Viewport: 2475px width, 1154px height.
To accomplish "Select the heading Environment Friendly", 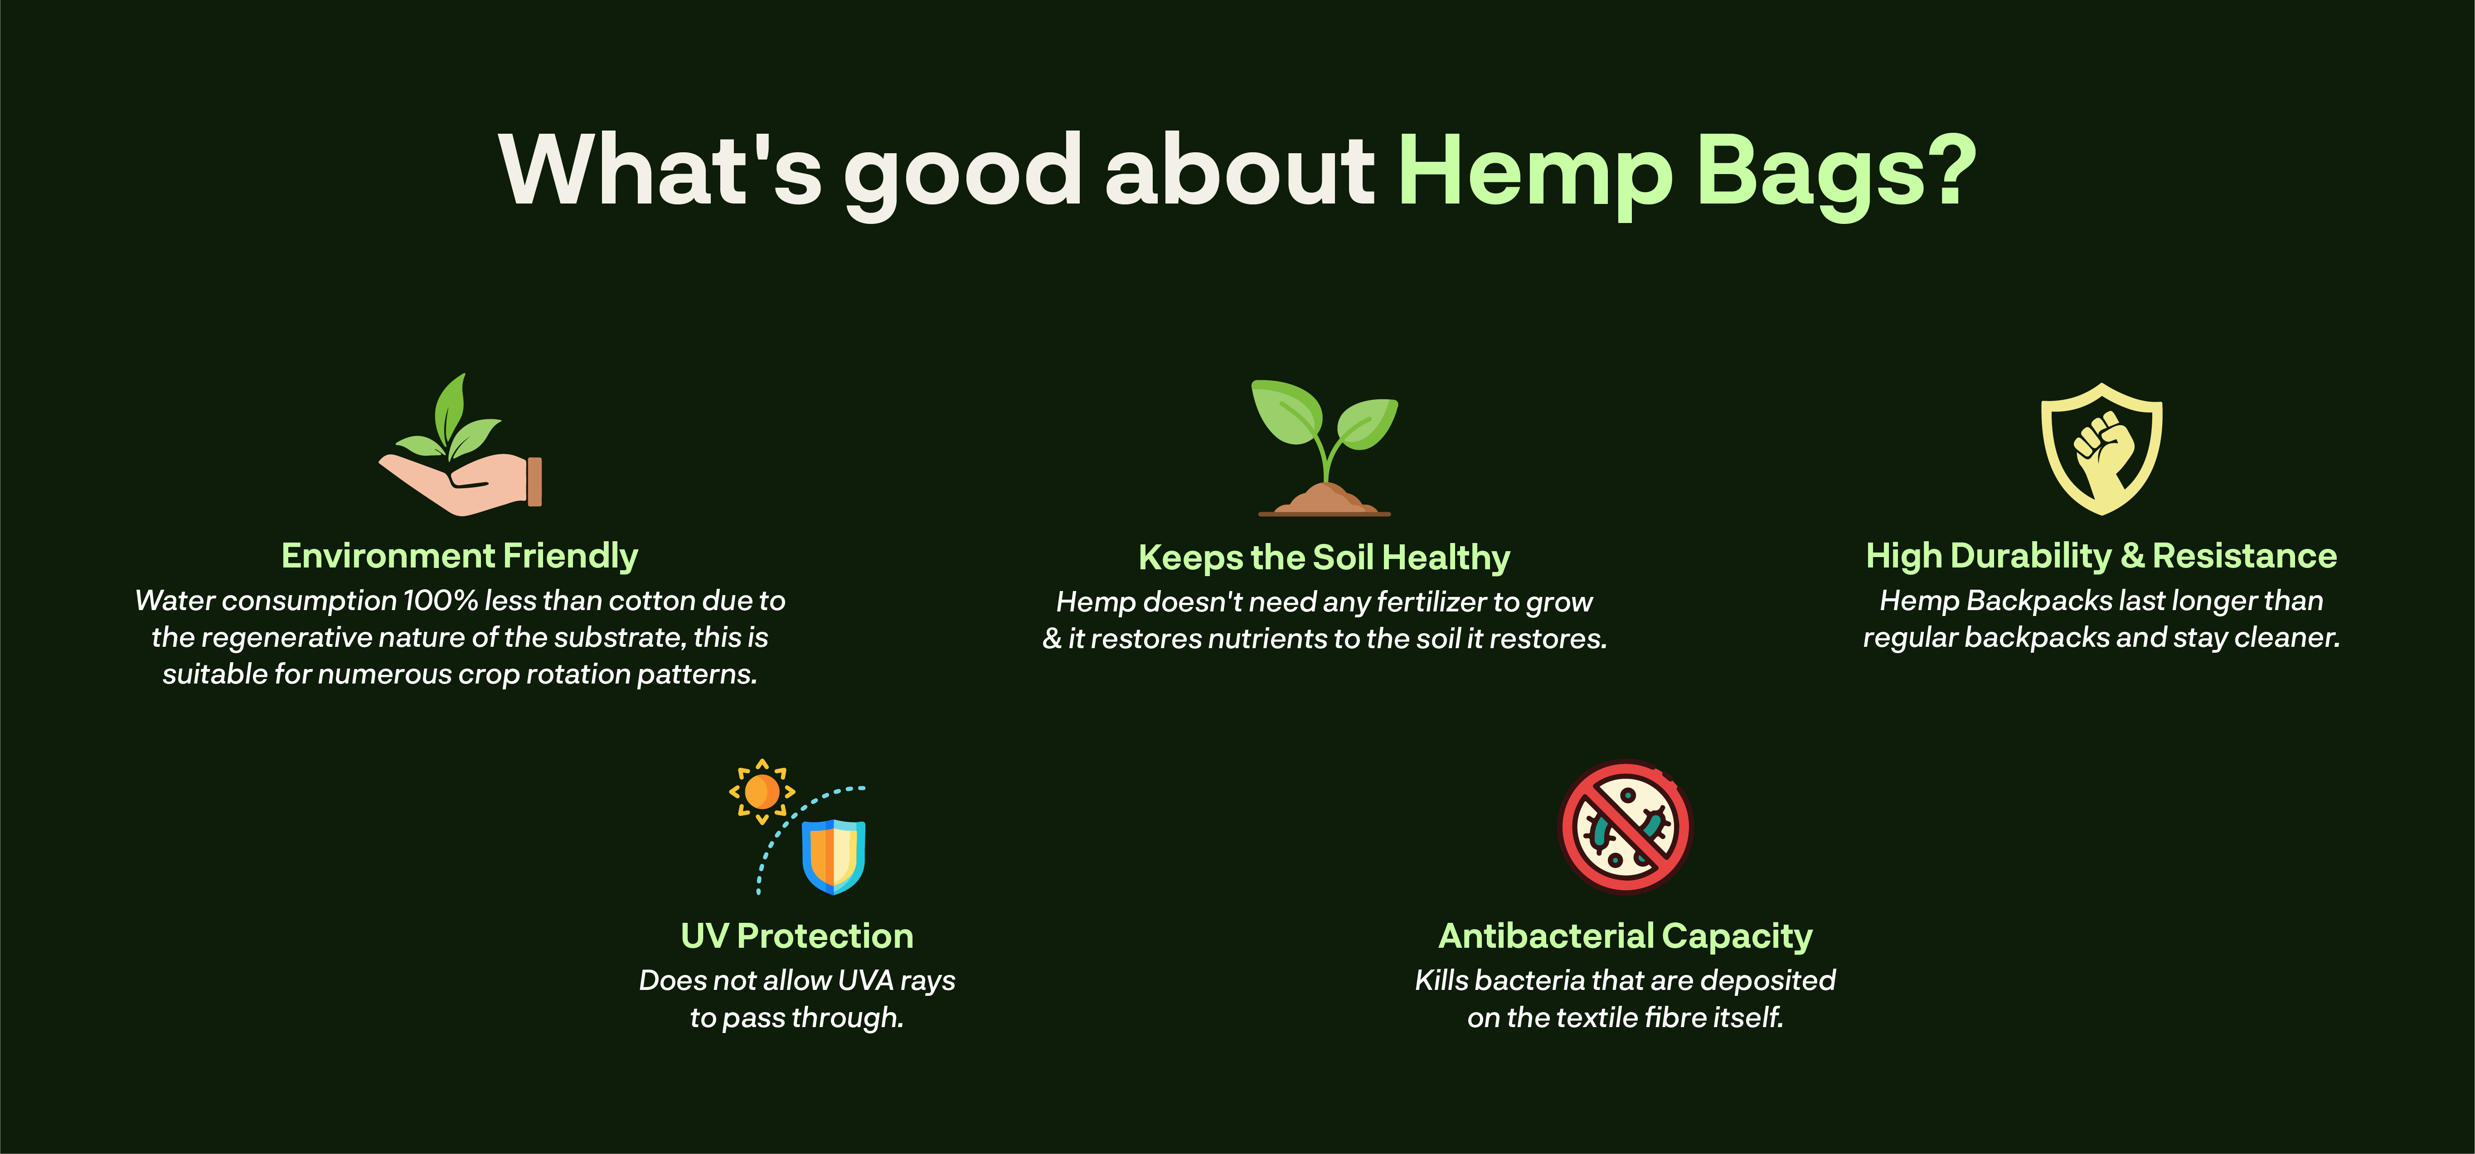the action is click(459, 555).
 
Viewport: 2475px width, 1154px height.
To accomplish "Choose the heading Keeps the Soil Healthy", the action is click(1324, 558).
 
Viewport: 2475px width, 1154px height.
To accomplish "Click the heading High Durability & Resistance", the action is click(2101, 555).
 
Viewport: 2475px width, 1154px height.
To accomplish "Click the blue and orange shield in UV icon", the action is click(834, 856).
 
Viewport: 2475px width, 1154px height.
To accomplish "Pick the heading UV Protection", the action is click(796, 936).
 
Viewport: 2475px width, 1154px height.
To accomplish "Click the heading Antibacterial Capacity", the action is click(1625, 936).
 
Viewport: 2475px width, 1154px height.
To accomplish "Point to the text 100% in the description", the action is click(440, 601).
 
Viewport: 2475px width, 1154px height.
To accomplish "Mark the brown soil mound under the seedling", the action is click(1325, 499).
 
